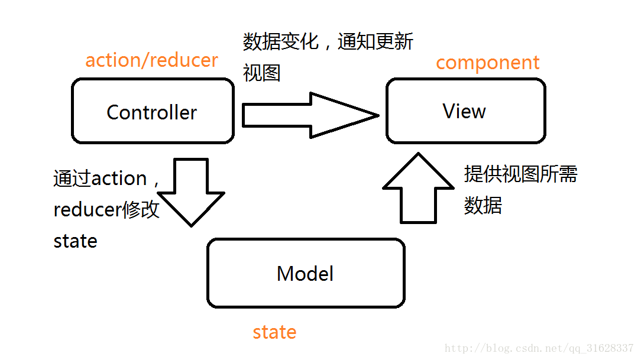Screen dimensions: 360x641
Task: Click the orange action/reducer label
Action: click(x=151, y=60)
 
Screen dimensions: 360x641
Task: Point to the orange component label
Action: click(x=488, y=63)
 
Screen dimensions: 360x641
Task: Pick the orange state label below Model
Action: click(x=274, y=332)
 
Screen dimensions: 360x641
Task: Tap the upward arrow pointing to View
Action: click(x=419, y=189)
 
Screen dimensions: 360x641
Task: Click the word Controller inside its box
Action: click(x=151, y=112)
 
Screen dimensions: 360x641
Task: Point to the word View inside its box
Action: click(x=464, y=111)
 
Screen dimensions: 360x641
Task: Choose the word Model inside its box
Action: click(x=305, y=274)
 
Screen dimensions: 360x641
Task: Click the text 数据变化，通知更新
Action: click(x=328, y=43)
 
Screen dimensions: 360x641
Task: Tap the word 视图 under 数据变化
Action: click(x=261, y=73)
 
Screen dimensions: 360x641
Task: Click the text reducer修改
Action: click(x=106, y=210)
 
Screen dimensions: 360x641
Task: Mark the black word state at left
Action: click(x=75, y=241)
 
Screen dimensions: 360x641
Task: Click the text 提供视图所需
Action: click(x=520, y=174)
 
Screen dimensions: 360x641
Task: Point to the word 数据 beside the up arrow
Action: click(x=483, y=205)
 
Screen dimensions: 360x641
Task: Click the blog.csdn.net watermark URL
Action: click(x=539, y=348)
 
